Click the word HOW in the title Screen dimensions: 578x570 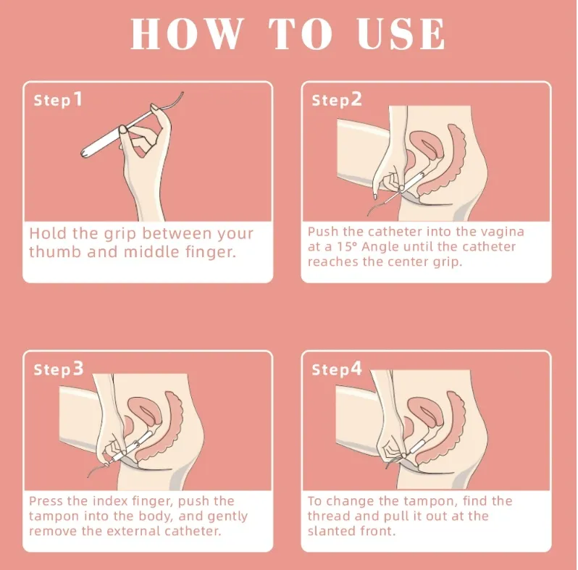[187, 34]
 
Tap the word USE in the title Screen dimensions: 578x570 [401, 34]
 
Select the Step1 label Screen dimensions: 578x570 [58, 100]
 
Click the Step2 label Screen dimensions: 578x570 [337, 100]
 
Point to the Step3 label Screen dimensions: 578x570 [59, 369]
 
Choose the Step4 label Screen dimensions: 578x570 [337, 369]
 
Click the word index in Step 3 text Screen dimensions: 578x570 [110, 501]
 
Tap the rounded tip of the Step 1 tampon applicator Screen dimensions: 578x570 [85, 153]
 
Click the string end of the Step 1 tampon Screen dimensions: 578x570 [183, 93]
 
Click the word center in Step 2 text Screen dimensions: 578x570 [404, 261]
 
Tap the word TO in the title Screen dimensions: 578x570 [300, 34]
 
